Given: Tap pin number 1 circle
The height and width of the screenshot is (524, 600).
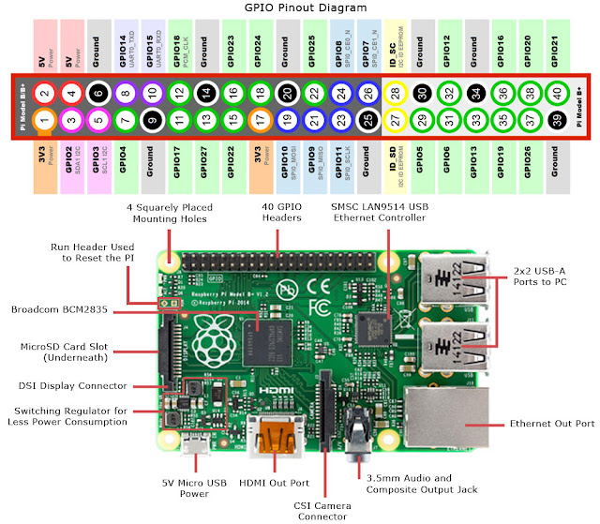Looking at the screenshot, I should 43,120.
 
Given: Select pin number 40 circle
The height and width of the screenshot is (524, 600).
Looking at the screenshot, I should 559,94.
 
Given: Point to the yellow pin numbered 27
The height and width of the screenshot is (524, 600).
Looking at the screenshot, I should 397,120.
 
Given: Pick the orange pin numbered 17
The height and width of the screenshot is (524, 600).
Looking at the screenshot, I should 261,120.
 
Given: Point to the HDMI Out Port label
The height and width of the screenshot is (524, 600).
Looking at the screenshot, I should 276,484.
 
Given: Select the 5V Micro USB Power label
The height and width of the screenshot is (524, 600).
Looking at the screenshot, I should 194,489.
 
